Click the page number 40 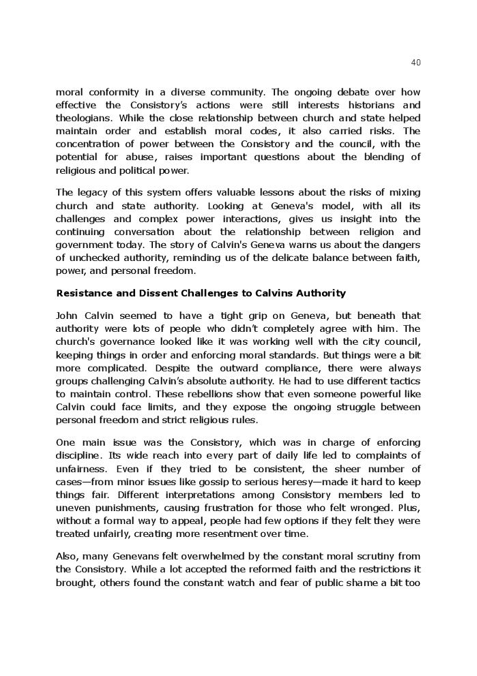coord(416,63)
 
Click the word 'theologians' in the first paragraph coord(82,118)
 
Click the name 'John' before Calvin coord(67,316)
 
